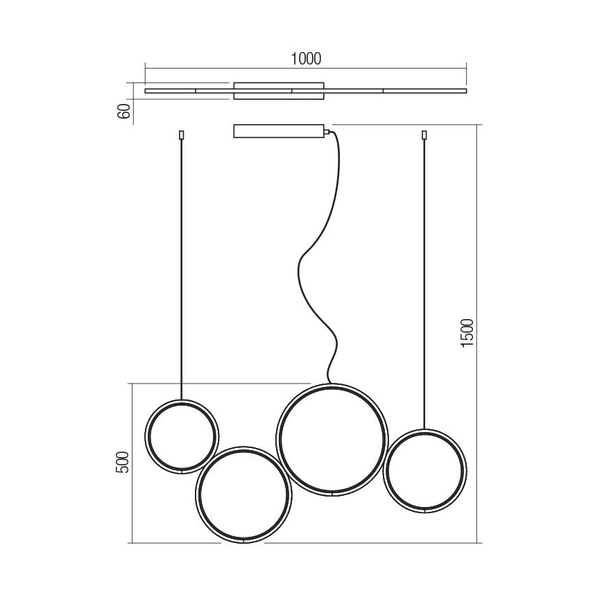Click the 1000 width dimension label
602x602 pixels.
(x=306, y=59)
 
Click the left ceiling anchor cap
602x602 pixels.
(x=182, y=135)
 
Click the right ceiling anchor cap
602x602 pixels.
(x=424, y=135)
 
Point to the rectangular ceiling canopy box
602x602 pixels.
(x=277, y=131)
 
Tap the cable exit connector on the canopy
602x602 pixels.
(x=325, y=130)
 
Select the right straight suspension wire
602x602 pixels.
(x=424, y=277)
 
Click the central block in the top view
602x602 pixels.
(x=279, y=91)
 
